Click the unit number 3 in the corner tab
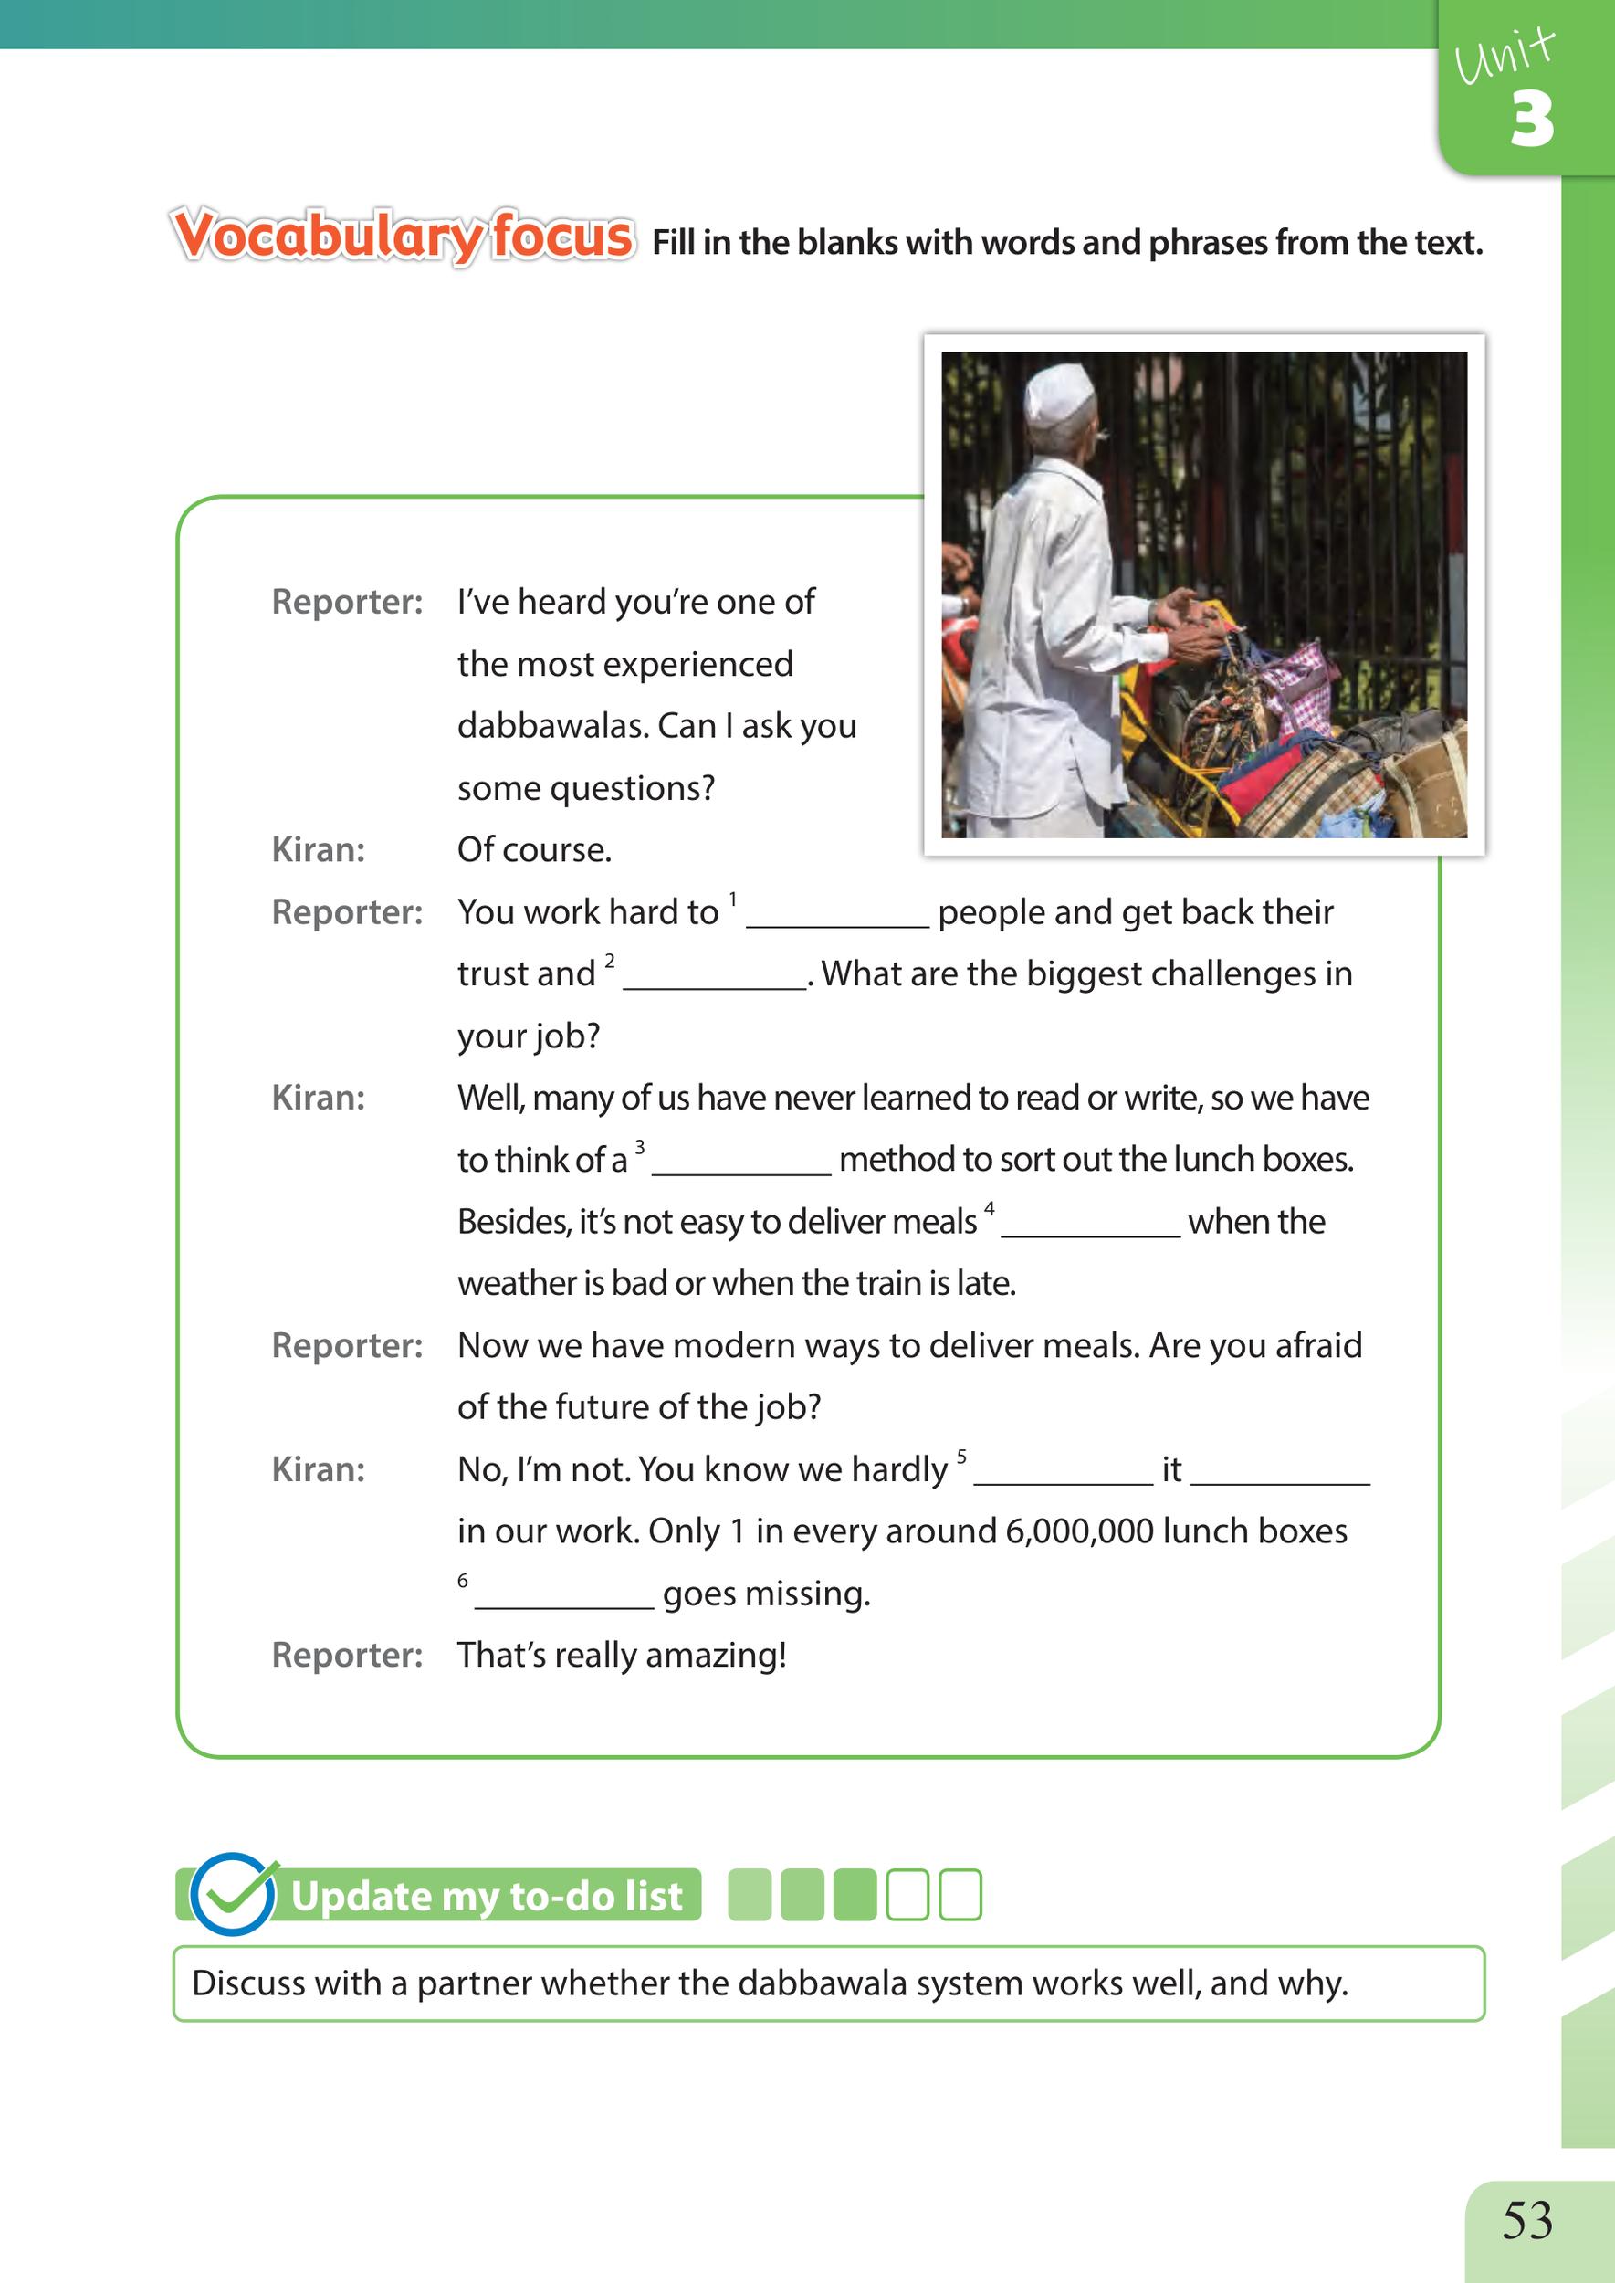pos(1532,121)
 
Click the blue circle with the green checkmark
pos(233,1894)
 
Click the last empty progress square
pos(960,1894)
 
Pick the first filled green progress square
pos(750,1894)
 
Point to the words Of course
pos(534,849)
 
